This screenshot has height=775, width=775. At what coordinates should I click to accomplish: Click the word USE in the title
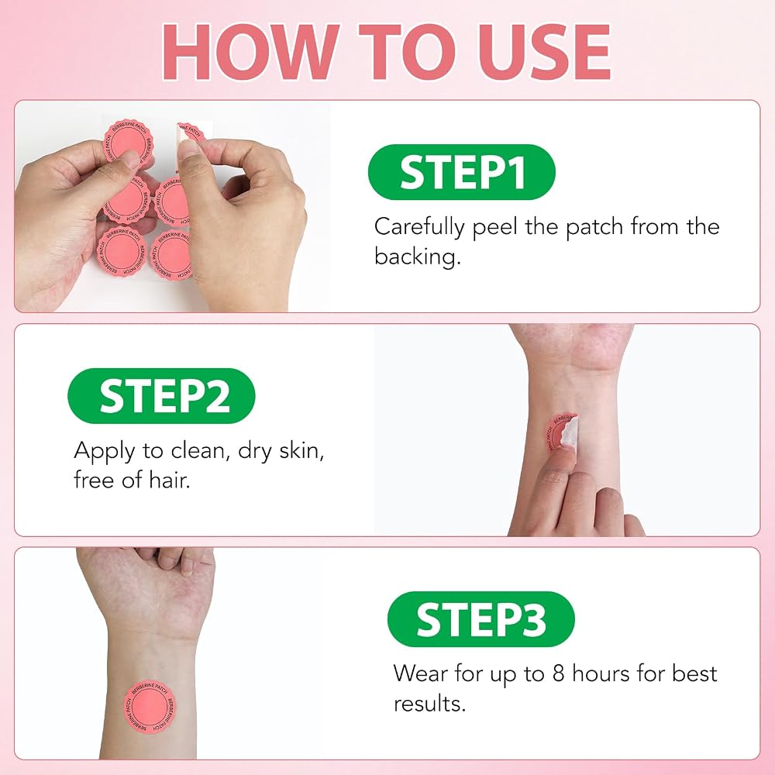545,52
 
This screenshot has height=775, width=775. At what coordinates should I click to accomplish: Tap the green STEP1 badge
462,172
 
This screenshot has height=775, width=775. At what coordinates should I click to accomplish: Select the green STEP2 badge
161,395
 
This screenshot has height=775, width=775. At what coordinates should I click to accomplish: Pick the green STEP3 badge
481,618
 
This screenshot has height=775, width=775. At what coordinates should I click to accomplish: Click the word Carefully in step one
419,228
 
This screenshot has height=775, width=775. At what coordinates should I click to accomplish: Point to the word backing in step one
417,257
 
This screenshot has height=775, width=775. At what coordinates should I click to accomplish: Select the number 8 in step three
558,673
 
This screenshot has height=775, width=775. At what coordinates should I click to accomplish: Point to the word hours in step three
601,673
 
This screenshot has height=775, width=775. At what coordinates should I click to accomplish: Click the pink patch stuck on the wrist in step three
150,707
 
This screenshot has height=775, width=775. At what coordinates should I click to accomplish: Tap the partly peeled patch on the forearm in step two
562,432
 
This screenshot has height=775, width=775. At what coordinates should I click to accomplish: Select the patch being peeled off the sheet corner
191,133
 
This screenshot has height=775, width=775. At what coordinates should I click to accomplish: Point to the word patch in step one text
594,228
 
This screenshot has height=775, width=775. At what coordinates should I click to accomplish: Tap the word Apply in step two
105,452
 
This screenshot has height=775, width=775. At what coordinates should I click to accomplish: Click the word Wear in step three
420,673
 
